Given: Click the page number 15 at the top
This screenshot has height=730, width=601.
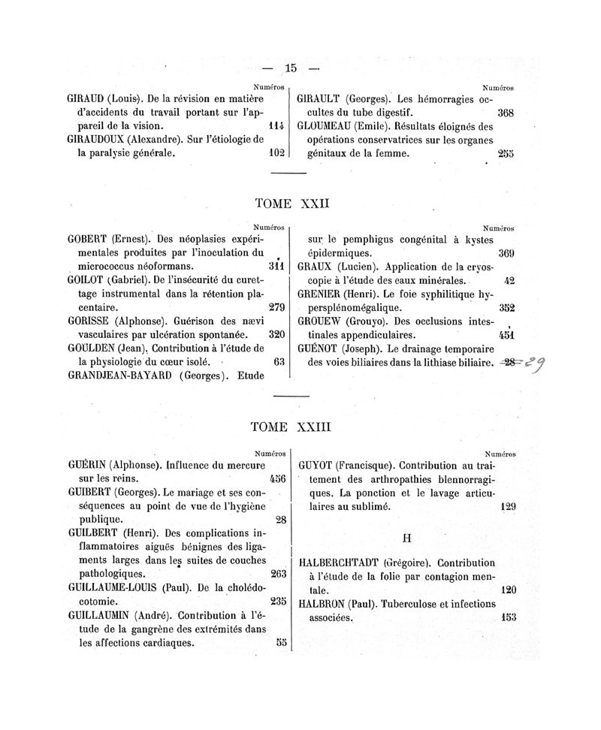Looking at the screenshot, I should pyautogui.click(x=291, y=69).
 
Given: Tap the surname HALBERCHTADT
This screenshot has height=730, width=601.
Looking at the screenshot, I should pyautogui.click(x=339, y=563).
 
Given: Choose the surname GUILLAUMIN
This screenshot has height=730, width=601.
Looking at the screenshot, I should pyautogui.click(x=95, y=615).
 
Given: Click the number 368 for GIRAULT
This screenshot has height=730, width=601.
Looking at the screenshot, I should pyautogui.click(x=506, y=113).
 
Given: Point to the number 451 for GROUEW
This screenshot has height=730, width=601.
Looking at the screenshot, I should pyautogui.click(x=506, y=335).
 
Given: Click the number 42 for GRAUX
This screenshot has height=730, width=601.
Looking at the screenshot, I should pyautogui.click(x=509, y=280).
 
